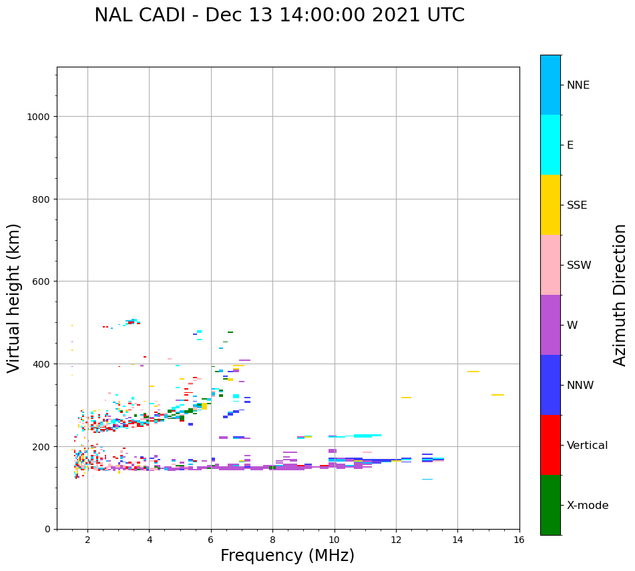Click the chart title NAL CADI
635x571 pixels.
click(x=279, y=15)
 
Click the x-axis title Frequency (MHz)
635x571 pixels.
click(x=287, y=556)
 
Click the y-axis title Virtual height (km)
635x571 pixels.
click(x=14, y=298)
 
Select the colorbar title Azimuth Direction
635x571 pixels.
click(x=620, y=295)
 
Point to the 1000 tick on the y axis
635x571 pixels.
click(x=40, y=117)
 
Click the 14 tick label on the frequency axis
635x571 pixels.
click(x=457, y=540)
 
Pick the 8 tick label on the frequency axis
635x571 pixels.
click(x=272, y=540)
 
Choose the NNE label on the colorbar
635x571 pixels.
click(x=578, y=85)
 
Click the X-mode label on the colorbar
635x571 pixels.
click(x=588, y=506)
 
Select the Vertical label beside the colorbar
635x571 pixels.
click(x=588, y=446)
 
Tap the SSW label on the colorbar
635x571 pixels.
click(x=579, y=265)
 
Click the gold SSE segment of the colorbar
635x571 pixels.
click(x=550, y=205)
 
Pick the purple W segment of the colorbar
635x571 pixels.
click(x=550, y=325)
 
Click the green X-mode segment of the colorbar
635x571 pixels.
click(x=550, y=505)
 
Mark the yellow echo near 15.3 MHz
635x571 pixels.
click(x=497, y=395)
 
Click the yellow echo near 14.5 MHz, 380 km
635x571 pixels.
click(x=473, y=372)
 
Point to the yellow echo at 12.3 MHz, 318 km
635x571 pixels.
click(x=406, y=398)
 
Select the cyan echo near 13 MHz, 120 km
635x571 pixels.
click(x=427, y=479)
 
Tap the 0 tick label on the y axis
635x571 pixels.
click(x=47, y=529)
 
